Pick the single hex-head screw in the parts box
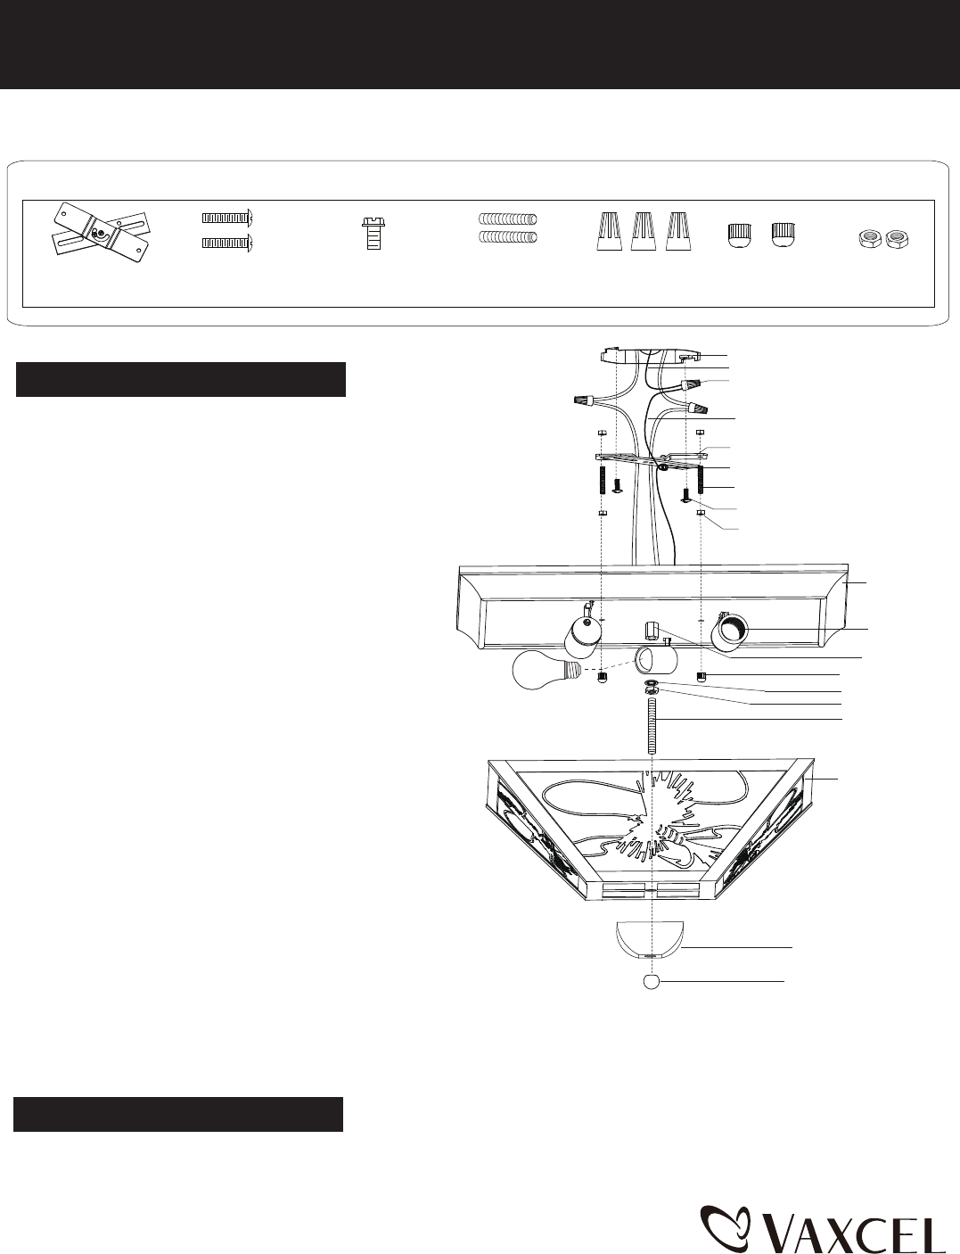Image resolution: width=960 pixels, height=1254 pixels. [373, 233]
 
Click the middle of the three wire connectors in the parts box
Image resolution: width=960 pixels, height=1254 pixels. [644, 231]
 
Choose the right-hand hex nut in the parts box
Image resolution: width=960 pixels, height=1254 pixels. [897, 238]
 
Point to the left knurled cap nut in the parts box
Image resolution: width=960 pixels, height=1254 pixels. [739, 235]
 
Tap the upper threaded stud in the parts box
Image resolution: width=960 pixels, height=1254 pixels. [508, 219]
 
